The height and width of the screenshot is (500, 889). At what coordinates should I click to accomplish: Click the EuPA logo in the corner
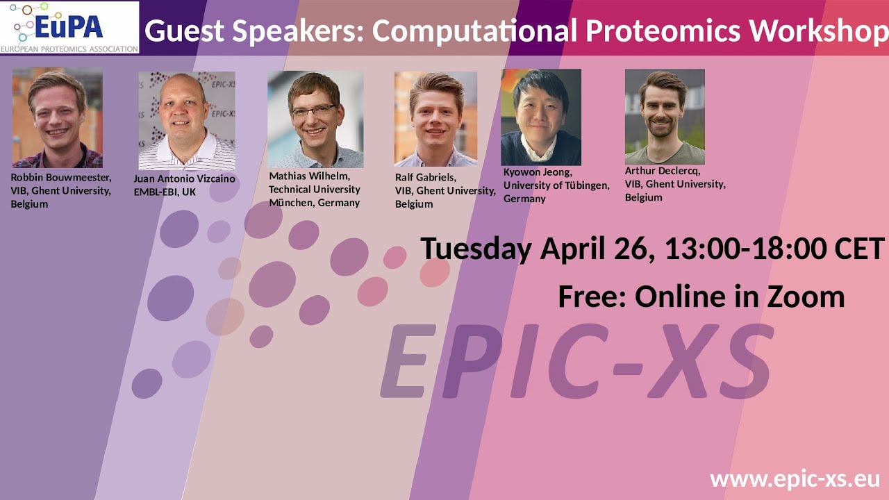click(69, 28)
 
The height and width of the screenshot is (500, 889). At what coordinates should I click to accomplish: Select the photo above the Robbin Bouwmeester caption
click(57, 117)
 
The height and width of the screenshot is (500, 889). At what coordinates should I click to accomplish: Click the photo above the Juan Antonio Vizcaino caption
click(186, 121)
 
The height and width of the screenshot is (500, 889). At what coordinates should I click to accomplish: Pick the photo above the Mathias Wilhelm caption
click(315, 119)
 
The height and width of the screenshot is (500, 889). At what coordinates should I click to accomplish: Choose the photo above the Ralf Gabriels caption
click(435, 119)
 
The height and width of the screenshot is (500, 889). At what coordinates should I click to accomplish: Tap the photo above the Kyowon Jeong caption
click(540, 117)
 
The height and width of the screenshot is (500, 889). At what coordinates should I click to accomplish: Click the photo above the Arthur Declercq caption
click(665, 117)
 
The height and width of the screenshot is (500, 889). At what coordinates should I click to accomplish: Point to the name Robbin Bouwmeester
click(60, 177)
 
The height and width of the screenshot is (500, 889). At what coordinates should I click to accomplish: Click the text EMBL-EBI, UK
click(165, 192)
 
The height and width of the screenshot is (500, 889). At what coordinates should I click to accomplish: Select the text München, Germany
click(314, 203)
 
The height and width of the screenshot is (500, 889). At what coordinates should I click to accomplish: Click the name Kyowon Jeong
click(538, 172)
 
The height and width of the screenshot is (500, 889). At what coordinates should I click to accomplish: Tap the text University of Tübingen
click(556, 185)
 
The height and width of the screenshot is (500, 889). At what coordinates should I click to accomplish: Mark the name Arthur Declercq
click(663, 171)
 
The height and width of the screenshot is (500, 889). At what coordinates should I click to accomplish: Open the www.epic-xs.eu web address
click(795, 479)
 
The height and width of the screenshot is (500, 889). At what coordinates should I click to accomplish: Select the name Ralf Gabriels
click(425, 177)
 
